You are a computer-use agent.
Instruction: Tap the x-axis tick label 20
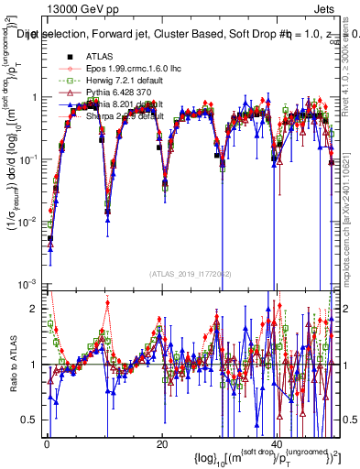tap(162, 444)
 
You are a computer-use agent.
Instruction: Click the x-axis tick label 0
tap(47, 444)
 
